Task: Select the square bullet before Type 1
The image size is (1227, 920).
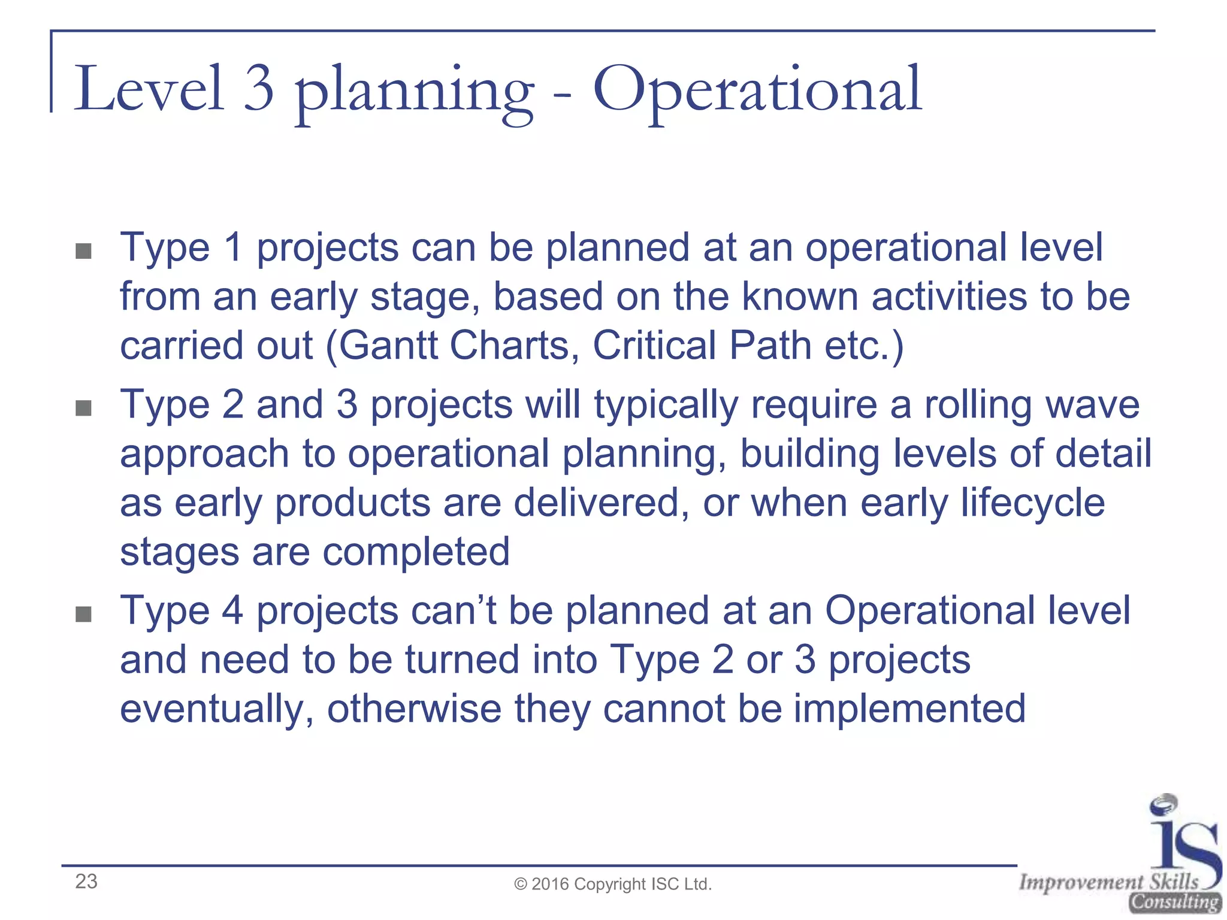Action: (84, 251)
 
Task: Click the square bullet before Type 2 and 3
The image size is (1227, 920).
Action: (84, 408)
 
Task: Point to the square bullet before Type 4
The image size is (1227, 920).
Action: (84, 614)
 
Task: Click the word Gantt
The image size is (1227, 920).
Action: (389, 346)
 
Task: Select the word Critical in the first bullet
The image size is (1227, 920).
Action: (654, 346)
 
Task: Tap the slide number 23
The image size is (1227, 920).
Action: (86, 882)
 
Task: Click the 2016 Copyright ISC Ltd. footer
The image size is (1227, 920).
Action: (613, 884)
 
